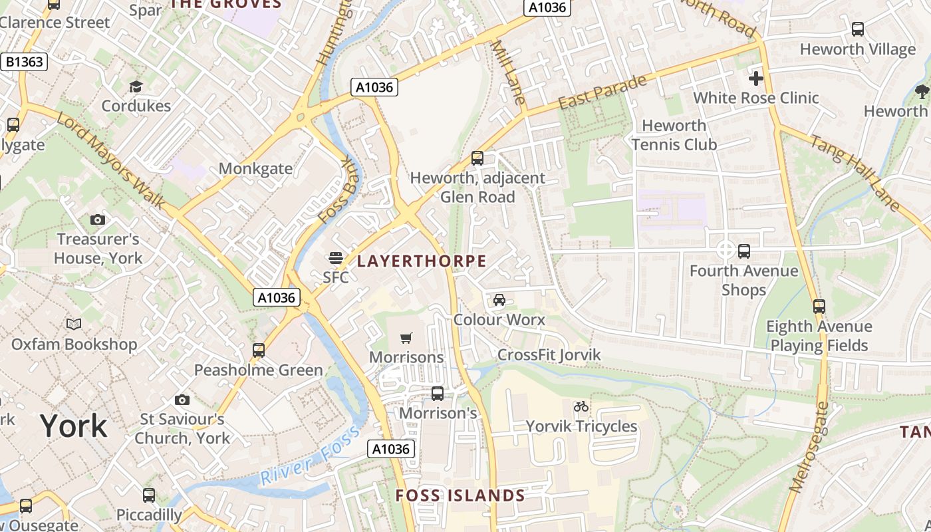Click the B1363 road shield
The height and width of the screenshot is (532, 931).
(25, 62)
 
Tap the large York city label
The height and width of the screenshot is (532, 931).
(73, 426)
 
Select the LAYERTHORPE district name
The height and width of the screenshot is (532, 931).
(422, 261)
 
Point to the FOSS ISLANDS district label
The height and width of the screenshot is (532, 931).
(460, 495)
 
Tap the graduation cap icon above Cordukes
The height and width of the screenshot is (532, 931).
(136, 86)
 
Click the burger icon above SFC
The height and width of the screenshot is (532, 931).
(336, 258)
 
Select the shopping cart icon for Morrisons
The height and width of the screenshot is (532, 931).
(406, 338)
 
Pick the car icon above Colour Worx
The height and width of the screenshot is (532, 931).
(499, 300)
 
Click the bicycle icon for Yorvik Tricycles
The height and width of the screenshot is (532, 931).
(581, 406)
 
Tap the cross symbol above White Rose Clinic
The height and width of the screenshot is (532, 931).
(755, 78)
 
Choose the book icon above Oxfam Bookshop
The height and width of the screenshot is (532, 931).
(74, 325)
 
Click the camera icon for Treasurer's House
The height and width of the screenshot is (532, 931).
(98, 219)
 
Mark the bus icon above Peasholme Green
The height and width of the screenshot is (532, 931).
(258, 350)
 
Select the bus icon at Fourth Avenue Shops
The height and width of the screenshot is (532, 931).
(744, 251)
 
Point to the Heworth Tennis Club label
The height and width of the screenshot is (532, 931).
(674, 135)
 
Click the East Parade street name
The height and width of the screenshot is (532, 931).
(602, 93)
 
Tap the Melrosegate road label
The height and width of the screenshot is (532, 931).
(809, 447)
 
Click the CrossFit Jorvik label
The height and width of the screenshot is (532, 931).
(549, 355)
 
